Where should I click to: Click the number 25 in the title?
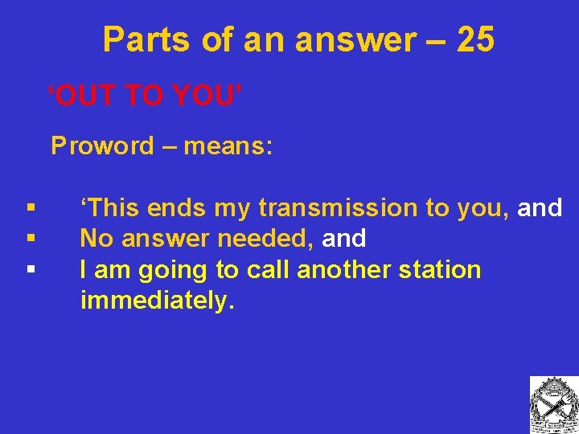click(x=474, y=39)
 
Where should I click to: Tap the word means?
click(x=228, y=146)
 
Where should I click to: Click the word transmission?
click(x=342, y=208)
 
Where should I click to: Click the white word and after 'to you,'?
click(x=540, y=208)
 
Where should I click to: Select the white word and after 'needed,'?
click(x=344, y=239)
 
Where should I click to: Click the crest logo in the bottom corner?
click(x=552, y=403)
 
